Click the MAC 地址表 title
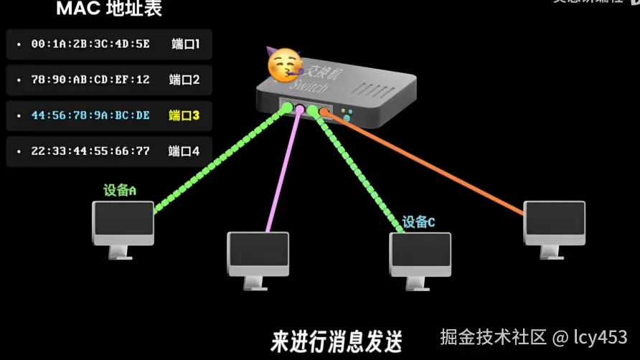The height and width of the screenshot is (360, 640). point(109,9)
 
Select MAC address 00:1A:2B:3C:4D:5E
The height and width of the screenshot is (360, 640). point(90,44)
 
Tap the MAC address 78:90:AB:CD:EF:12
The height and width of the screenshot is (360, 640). point(90,80)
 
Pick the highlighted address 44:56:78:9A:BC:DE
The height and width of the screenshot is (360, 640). point(90,115)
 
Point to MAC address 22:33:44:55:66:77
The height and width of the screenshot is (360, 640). point(90,151)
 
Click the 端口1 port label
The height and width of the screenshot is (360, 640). point(185,44)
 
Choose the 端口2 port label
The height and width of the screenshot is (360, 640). point(184,80)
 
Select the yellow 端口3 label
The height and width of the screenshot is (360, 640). point(184,115)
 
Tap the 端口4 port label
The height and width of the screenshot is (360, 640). point(184,151)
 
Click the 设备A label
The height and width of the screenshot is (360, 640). point(120,190)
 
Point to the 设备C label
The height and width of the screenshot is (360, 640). point(419,222)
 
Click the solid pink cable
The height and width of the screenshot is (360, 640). point(284,176)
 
